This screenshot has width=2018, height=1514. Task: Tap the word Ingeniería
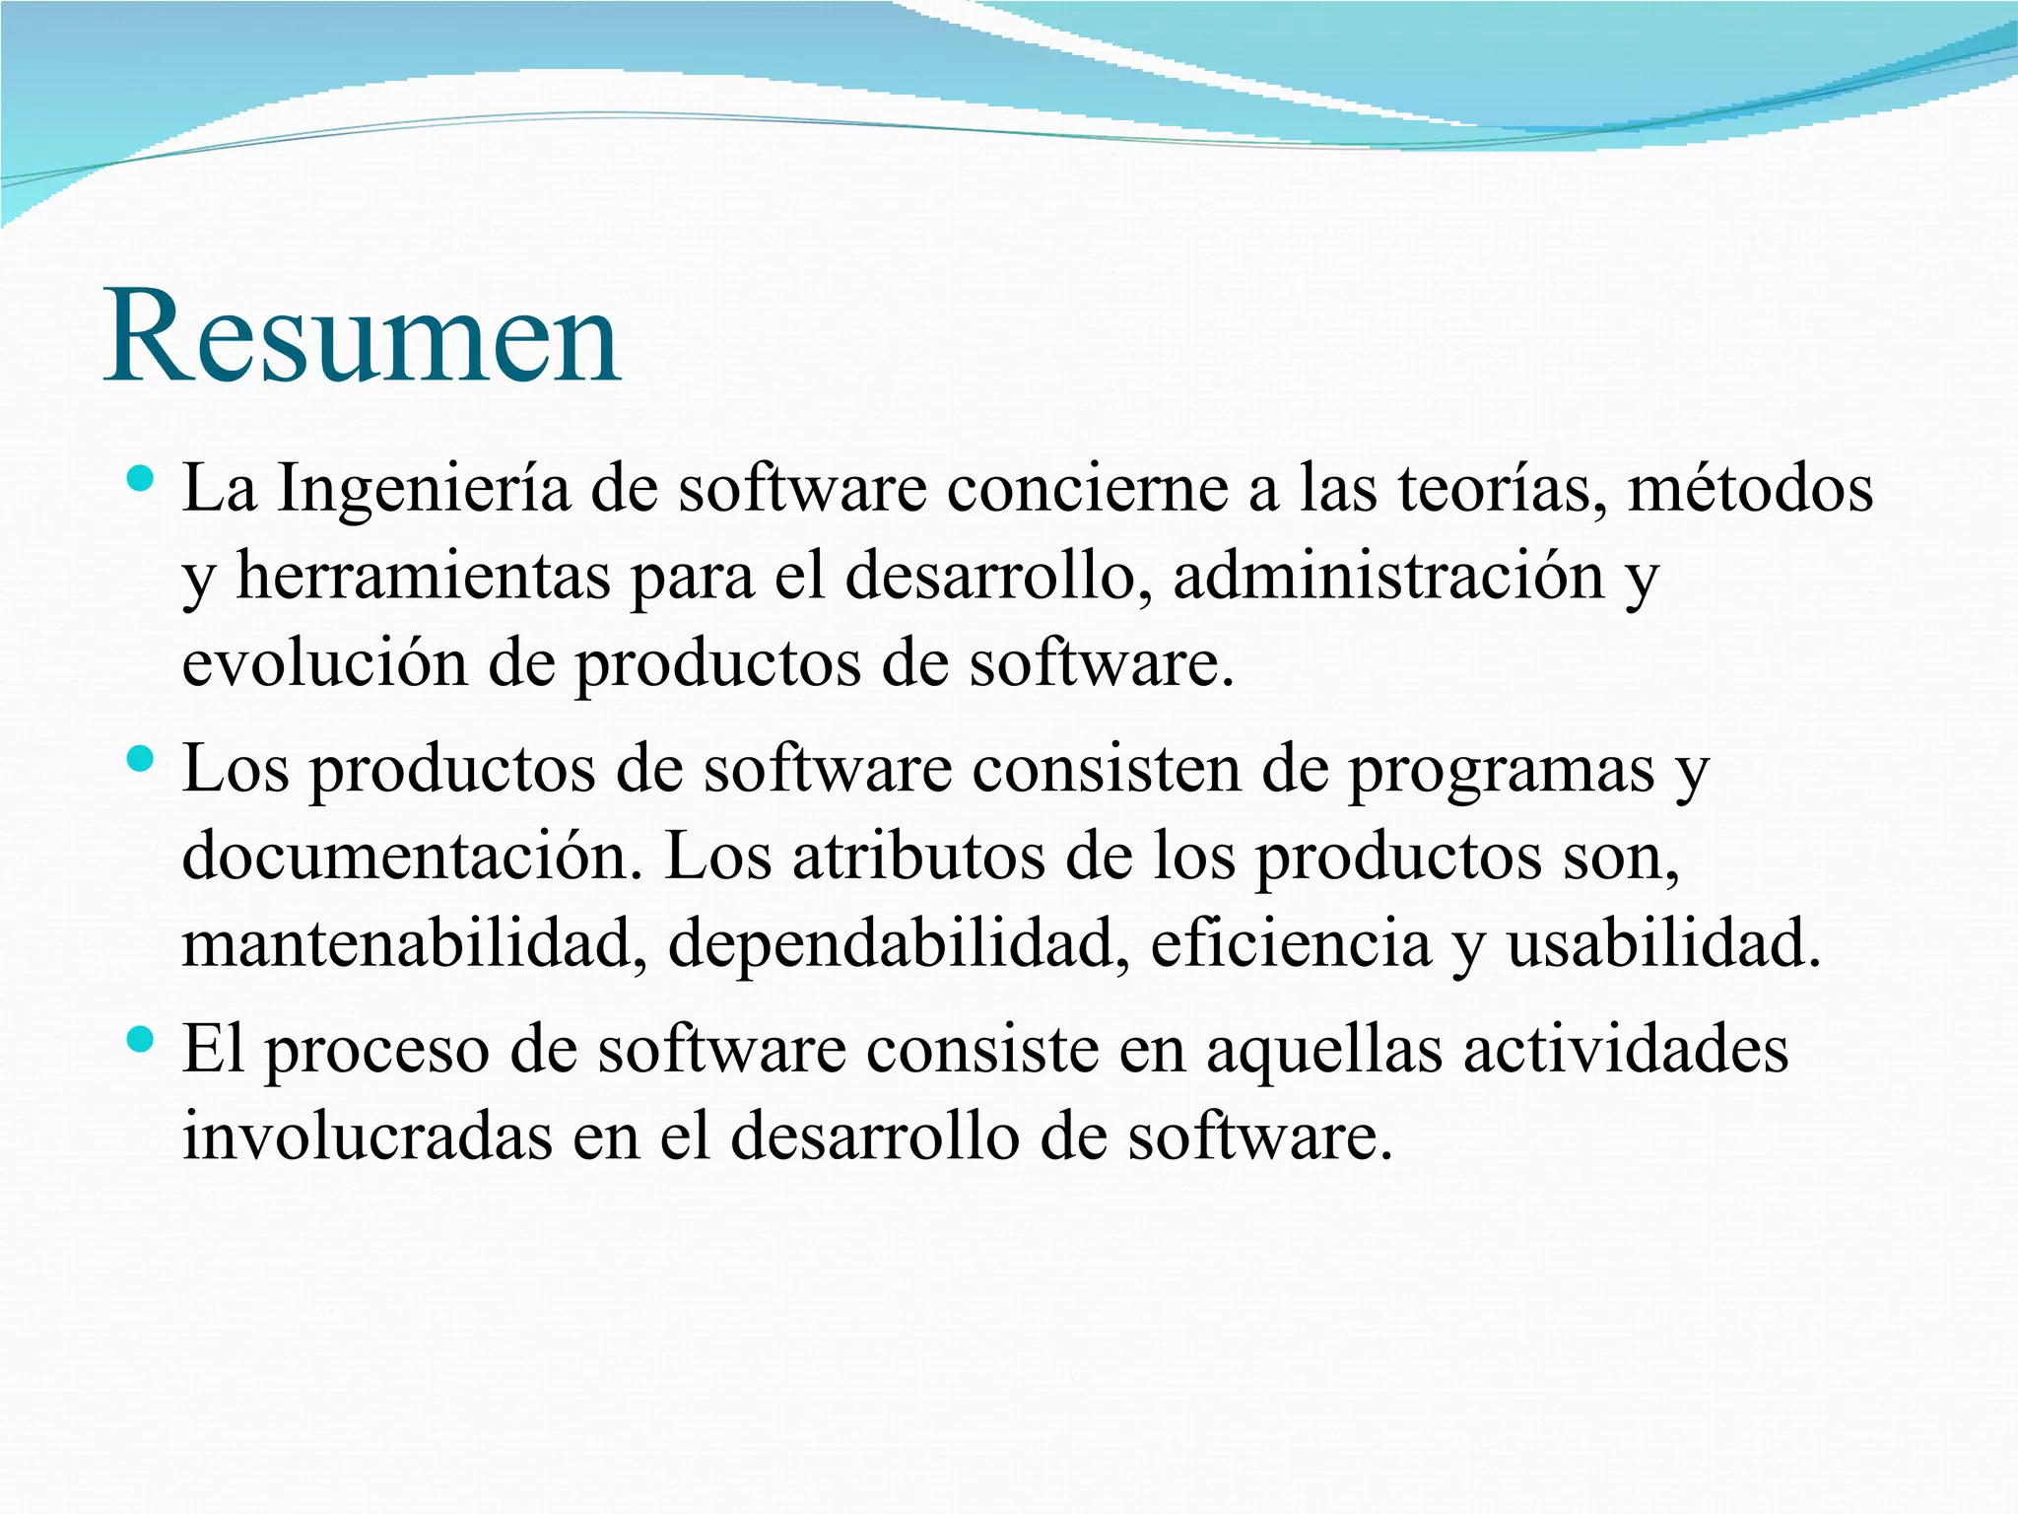pyautogui.click(x=423, y=490)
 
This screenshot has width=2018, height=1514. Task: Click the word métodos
pyautogui.click(x=1750, y=490)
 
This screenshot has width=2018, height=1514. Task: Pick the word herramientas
pyautogui.click(x=423, y=577)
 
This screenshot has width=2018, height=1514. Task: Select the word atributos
pyautogui.click(x=918, y=857)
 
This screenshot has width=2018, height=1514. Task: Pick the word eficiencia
pyautogui.click(x=1291, y=943)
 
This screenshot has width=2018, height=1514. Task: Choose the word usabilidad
pyautogui.click(x=1663, y=943)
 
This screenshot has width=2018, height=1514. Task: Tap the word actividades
pyautogui.click(x=1625, y=1050)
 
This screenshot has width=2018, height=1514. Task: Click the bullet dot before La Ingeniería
pyautogui.click(x=141, y=480)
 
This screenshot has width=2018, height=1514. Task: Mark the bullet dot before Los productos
pyautogui.click(x=141, y=759)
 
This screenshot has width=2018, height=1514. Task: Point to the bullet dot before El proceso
pyautogui.click(x=141, y=1039)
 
